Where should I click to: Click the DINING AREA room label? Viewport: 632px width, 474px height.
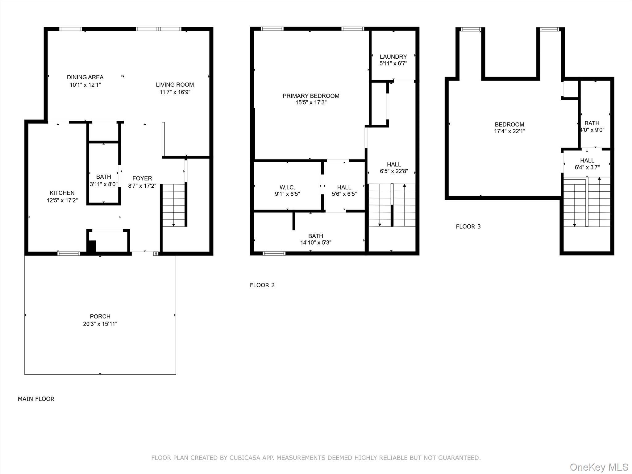tap(85, 77)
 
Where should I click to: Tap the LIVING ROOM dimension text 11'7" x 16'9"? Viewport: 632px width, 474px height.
tap(175, 92)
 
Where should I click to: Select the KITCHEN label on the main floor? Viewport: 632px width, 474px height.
tap(62, 193)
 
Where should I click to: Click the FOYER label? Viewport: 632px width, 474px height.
tap(142, 178)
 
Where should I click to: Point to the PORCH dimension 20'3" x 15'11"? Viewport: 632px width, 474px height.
tap(100, 324)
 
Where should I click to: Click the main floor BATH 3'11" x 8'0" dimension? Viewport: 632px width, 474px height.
tap(103, 184)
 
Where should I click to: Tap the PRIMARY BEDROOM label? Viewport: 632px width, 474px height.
tap(311, 96)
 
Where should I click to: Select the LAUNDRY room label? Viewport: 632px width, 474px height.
tap(393, 56)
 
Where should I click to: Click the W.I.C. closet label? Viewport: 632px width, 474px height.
tap(287, 187)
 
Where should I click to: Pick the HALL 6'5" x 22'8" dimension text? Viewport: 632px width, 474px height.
tap(394, 171)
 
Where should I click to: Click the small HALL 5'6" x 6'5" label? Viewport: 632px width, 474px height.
tap(344, 187)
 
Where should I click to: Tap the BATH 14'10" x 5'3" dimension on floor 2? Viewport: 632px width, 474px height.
tap(315, 243)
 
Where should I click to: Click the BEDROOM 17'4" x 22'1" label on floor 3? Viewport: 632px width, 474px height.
tap(509, 124)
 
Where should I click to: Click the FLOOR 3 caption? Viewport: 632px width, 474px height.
tap(468, 227)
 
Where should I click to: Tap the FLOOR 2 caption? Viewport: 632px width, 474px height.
tap(262, 285)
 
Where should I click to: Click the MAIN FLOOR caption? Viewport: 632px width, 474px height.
tap(36, 399)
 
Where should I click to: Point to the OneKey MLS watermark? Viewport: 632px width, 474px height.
tap(598, 467)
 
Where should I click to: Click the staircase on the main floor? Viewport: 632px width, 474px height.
tap(173, 205)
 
